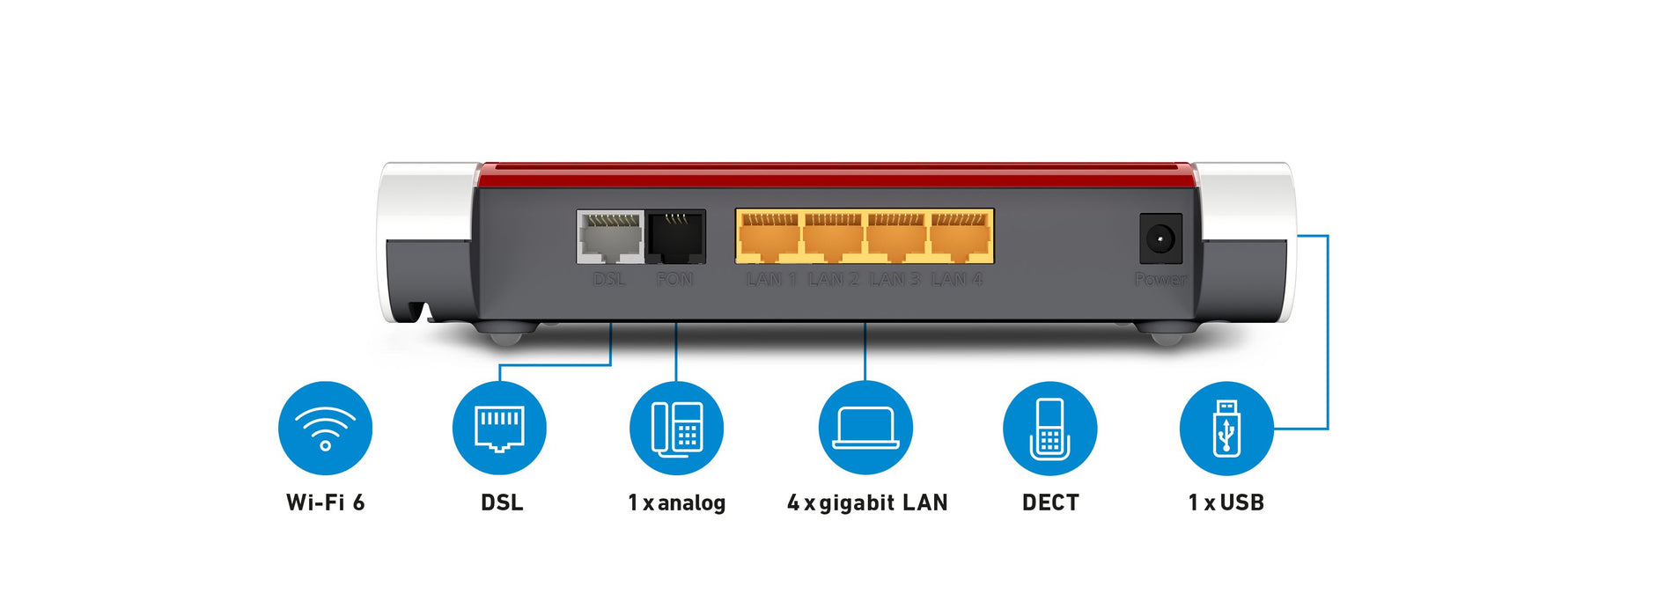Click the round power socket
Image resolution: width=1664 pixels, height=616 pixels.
point(1160,238)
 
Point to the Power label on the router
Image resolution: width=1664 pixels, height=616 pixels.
point(1160,280)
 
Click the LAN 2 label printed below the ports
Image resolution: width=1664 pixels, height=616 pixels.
point(833,280)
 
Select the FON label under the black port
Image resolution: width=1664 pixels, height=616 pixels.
point(674,280)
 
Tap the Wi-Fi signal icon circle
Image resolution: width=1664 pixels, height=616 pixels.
point(325,429)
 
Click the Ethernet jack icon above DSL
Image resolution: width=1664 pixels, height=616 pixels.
point(499,429)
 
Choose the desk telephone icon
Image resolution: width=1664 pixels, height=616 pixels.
point(676,429)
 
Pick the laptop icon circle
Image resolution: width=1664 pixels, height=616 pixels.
point(865,429)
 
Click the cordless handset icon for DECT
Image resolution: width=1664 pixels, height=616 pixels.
point(1049,429)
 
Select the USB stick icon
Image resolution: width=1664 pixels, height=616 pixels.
point(1226,429)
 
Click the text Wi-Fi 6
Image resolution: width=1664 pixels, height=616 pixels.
point(325,502)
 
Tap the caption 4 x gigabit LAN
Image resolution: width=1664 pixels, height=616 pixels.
point(867,502)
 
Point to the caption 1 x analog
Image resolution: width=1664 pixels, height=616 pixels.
point(676,502)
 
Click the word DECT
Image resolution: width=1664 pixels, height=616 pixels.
point(1049,502)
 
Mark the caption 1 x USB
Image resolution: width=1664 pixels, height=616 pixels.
point(1226,502)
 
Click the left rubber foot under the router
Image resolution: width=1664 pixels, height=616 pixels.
point(506,335)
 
